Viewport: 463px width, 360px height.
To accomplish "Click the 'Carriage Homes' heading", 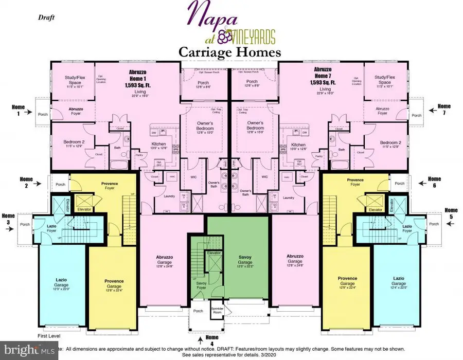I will (x=229, y=52).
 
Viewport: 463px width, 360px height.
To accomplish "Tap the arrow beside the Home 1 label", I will (x=29, y=110).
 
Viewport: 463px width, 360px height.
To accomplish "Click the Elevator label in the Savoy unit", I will (x=213, y=253).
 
